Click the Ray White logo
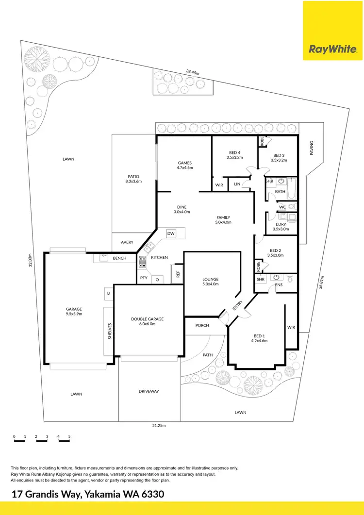click(x=333, y=49)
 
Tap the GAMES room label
click(x=185, y=163)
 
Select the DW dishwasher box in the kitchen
click(x=171, y=234)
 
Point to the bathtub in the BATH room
click(x=291, y=189)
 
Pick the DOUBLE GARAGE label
click(x=148, y=319)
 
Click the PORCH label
click(x=202, y=325)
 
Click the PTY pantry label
click(x=144, y=278)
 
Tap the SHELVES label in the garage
click(x=110, y=331)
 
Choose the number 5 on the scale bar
click(x=69, y=436)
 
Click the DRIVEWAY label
click(x=149, y=391)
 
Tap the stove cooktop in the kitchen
click(x=143, y=262)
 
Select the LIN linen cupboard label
click(x=237, y=184)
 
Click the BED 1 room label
click(x=260, y=336)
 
